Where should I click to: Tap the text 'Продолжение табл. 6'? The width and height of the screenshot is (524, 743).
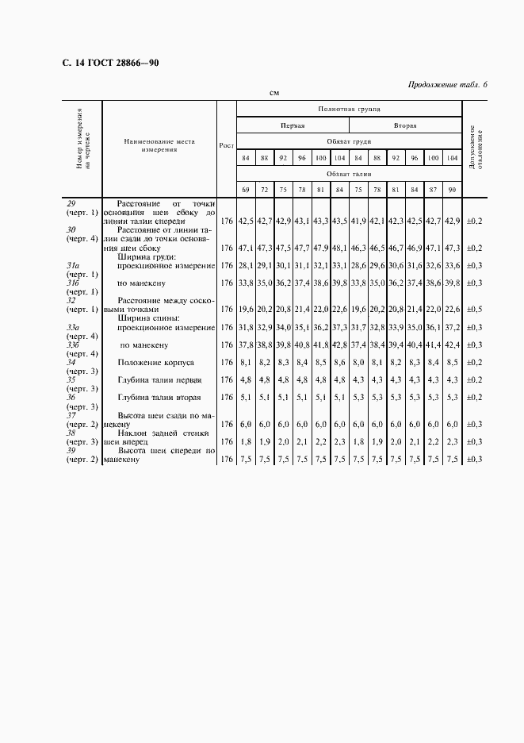(x=447, y=84)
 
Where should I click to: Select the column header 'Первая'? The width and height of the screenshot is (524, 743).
(x=292, y=125)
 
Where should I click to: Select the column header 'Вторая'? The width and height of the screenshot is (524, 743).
(x=405, y=125)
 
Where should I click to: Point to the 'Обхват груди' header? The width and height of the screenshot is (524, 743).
(x=349, y=141)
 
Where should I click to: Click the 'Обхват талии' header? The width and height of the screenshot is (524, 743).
(x=349, y=173)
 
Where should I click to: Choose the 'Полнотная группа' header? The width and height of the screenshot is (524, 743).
(x=349, y=108)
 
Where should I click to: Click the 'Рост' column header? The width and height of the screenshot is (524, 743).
(x=226, y=146)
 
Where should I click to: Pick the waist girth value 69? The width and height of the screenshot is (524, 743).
(x=246, y=190)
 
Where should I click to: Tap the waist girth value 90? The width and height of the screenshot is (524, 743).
(x=452, y=190)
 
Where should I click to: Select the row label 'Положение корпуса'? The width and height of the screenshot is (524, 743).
(x=152, y=362)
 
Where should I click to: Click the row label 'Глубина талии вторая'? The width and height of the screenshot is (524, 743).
(x=159, y=397)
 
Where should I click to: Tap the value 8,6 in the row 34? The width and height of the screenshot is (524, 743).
(x=338, y=362)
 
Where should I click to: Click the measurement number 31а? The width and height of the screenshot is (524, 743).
(x=72, y=264)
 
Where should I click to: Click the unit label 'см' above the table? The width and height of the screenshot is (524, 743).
(x=273, y=93)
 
